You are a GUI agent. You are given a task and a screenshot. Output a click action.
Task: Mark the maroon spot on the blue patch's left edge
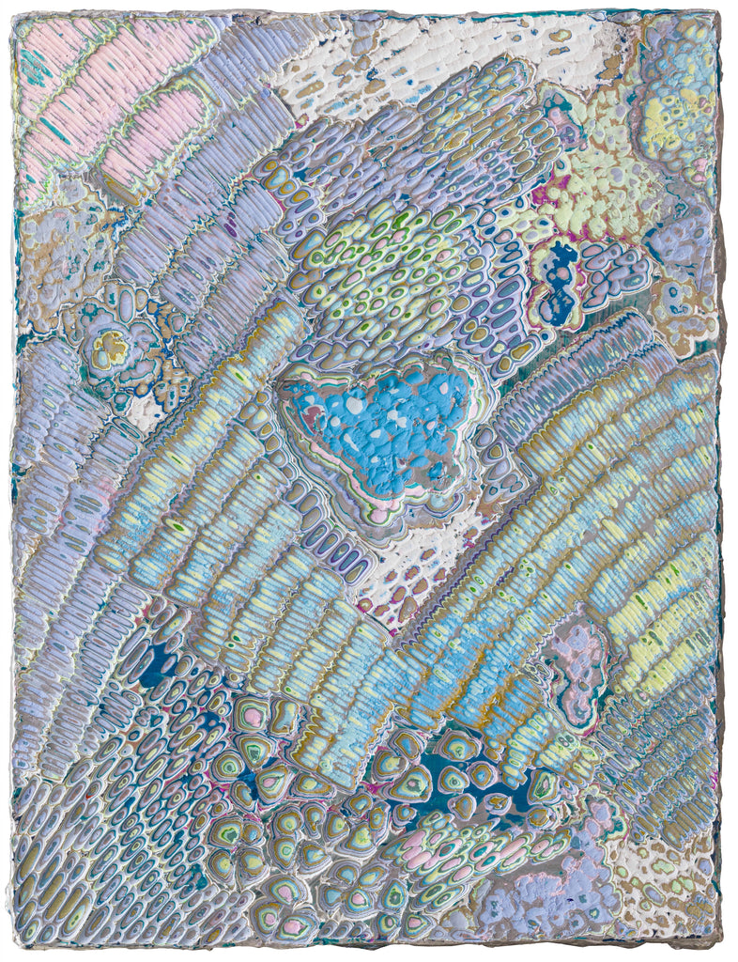pyautogui.click(x=299, y=406)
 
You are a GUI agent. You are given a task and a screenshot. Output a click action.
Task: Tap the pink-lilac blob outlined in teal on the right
pyautogui.click(x=575, y=658)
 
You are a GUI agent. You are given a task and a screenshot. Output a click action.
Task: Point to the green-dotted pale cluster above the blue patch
pyautogui.click(x=394, y=272)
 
